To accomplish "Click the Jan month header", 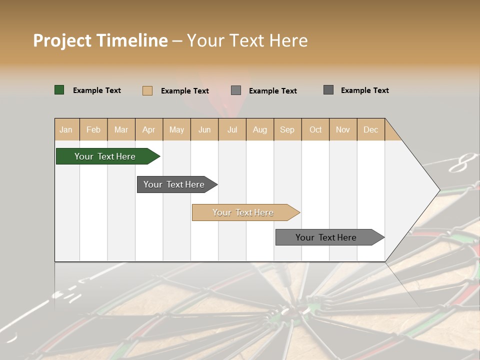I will [66, 129].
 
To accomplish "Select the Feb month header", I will [93, 129].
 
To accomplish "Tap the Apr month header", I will [148, 129].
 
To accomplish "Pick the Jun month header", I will [204, 129].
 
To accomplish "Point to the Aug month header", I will [259, 129].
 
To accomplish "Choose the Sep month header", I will [287, 129].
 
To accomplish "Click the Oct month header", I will [315, 129].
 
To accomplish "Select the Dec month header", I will [370, 129].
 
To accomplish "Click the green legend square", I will [59, 90].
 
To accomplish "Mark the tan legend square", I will [147, 90].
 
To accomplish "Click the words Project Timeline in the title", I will [100, 40].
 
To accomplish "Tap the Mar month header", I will [121, 129].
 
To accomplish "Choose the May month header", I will [176, 129].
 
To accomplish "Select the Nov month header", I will [342, 129].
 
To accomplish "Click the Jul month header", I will [232, 129].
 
